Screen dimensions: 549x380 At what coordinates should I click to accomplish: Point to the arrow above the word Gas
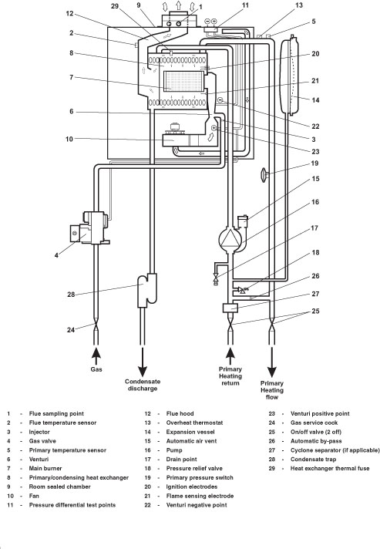(96, 356)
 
